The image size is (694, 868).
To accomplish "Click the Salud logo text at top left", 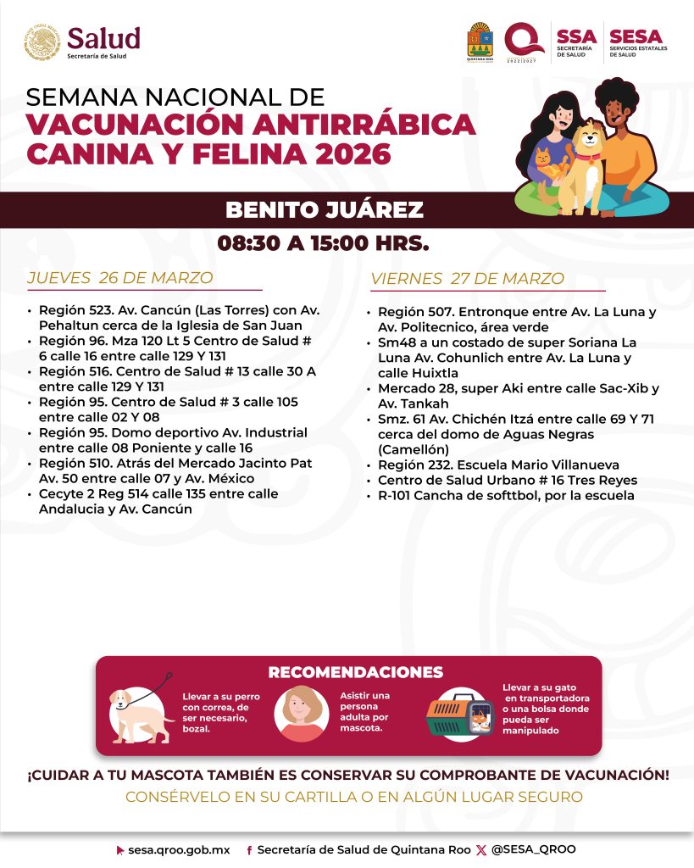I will (x=103, y=37).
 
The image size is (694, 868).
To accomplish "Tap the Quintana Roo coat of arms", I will (x=479, y=41).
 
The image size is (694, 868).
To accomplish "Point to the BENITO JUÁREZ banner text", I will (x=324, y=210).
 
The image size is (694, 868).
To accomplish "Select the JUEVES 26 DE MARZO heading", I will (x=120, y=278).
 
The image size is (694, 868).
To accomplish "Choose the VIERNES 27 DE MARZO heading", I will (x=467, y=279).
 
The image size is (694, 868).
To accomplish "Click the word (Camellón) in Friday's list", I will (x=416, y=448).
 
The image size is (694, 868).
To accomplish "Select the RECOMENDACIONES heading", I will (x=355, y=672).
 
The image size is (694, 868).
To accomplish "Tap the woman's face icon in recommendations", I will (x=300, y=713).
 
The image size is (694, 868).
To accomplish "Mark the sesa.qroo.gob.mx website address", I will (x=179, y=849).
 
